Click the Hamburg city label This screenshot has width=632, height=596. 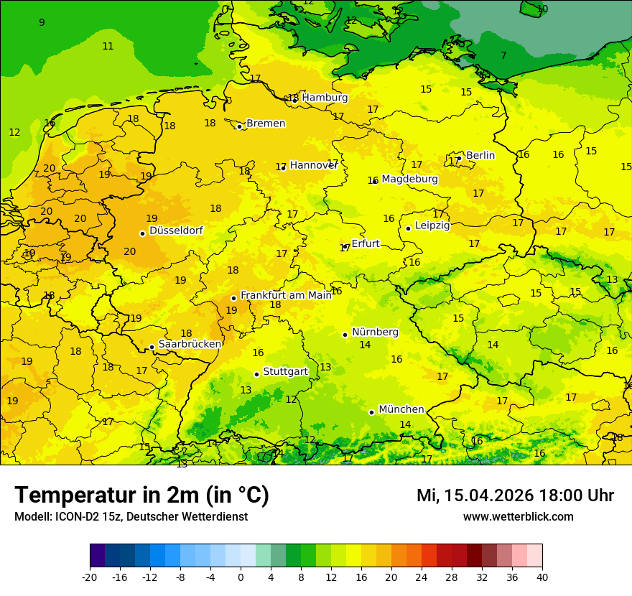(325, 98)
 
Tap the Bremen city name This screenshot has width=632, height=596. (266, 124)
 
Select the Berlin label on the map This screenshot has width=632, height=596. (480, 155)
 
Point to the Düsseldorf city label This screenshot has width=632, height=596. (176, 231)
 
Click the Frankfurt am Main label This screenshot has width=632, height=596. (286, 295)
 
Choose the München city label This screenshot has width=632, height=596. (401, 409)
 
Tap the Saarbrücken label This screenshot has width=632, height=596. (190, 344)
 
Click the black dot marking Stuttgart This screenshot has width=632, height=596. (256, 374)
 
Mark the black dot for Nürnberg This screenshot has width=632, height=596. (345, 335)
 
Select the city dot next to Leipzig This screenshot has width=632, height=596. (408, 228)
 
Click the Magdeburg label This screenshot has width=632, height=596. (409, 179)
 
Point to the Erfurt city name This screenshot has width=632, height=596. (365, 243)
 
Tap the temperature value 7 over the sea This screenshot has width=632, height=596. (503, 55)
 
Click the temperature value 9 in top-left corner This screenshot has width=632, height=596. (42, 22)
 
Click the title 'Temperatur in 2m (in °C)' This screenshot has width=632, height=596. (141, 495)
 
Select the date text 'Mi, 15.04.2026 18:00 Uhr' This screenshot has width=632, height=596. (515, 495)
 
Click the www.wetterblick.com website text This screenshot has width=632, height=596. (518, 517)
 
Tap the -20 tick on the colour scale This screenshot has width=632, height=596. (90, 577)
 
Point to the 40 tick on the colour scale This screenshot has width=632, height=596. (542, 577)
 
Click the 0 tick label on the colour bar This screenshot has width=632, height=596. (241, 577)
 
